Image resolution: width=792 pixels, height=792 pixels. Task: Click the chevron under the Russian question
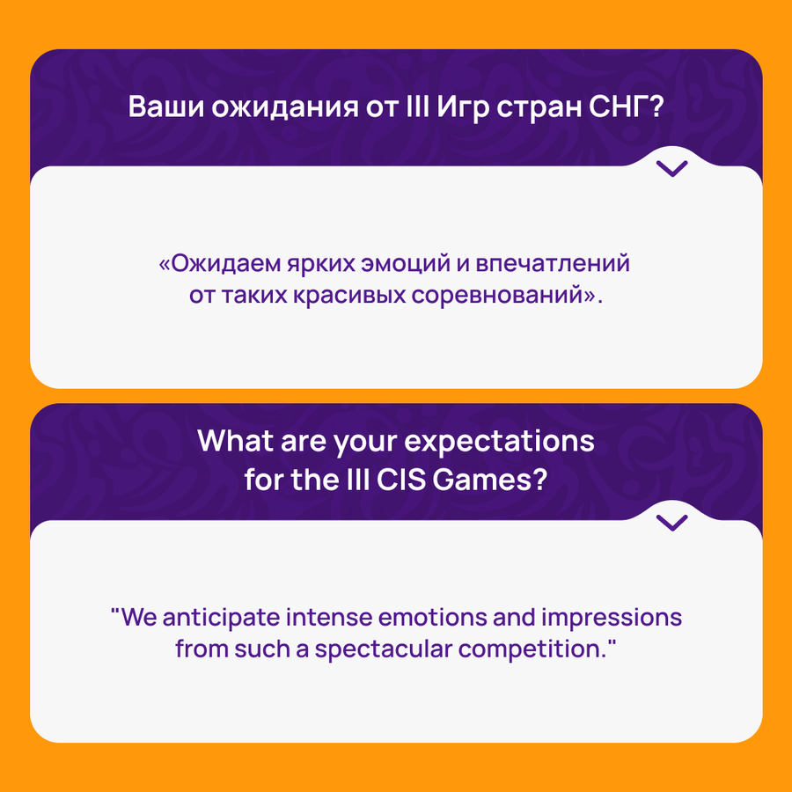[x=671, y=168]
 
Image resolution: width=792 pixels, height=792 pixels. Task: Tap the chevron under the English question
[x=671, y=522]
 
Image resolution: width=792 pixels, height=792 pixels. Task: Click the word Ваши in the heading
[x=166, y=106]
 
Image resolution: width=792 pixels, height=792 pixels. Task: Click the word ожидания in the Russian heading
[x=285, y=108]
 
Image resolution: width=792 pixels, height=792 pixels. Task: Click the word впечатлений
[x=553, y=264]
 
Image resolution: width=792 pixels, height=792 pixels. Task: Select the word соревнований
[x=497, y=295]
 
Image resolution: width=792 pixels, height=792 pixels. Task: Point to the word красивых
[x=349, y=296]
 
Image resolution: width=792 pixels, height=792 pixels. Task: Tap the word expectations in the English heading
[x=499, y=443]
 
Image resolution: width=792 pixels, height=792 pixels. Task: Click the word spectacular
[x=384, y=650]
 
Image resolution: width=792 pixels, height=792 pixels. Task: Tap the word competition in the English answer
[x=531, y=650]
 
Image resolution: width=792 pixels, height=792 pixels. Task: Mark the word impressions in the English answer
[x=612, y=619]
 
